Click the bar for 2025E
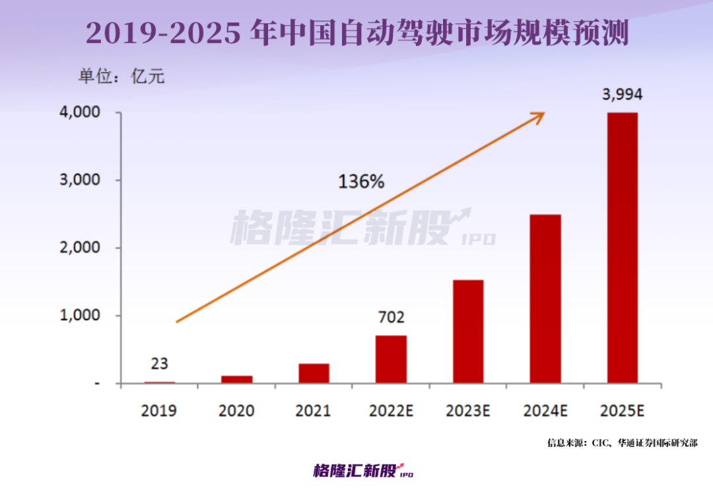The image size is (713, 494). (622, 248)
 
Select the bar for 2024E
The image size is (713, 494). (545, 299)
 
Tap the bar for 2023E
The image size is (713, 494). (467, 332)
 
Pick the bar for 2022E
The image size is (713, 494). (391, 359)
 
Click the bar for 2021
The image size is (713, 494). (314, 373)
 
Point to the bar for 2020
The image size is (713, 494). (236, 379)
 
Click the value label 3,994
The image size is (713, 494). (622, 94)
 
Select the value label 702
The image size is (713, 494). (391, 318)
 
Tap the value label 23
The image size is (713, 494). (159, 364)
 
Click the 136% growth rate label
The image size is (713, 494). (361, 182)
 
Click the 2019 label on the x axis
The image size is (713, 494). (159, 410)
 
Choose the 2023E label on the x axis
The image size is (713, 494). (467, 410)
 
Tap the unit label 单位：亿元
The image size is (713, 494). (121, 76)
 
